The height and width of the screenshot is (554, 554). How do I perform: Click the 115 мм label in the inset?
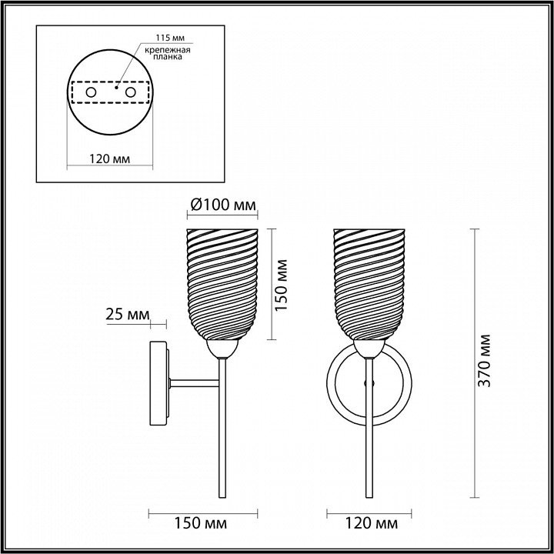click(170, 38)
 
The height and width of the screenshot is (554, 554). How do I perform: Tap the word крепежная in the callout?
click(168, 50)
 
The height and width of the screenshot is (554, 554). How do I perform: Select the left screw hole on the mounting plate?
click(91, 92)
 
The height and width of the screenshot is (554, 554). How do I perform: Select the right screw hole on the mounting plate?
click(130, 92)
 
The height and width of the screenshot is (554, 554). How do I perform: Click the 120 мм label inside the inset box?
click(109, 159)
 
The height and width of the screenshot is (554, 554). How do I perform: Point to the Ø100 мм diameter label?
click(222, 205)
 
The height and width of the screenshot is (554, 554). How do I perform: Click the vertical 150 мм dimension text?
click(282, 285)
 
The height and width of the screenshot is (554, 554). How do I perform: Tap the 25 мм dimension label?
click(128, 315)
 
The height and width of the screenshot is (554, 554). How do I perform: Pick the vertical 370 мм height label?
click(484, 360)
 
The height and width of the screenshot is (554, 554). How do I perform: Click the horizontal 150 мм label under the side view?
click(201, 523)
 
